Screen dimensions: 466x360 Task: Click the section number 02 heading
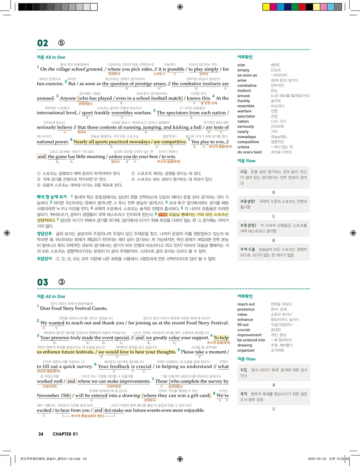(x=42, y=43)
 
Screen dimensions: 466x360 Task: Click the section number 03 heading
(x=42, y=282)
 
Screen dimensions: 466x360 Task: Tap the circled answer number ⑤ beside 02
(x=61, y=43)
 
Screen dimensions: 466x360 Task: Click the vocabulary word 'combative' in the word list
(x=247, y=86)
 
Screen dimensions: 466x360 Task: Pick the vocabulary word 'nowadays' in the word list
(x=246, y=137)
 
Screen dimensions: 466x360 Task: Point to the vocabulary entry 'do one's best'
(x=250, y=152)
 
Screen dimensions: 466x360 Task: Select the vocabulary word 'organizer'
(x=246, y=350)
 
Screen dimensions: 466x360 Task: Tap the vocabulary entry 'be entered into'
(x=251, y=340)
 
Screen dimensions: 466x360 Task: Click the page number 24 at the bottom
(x=41, y=434)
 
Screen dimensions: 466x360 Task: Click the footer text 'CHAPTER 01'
(x=65, y=434)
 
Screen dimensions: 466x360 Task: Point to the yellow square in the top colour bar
(x=266, y=7)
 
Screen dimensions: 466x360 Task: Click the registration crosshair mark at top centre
(x=180, y=7)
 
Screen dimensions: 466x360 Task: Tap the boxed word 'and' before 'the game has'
(x=42, y=157)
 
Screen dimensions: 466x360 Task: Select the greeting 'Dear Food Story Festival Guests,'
(x=74, y=308)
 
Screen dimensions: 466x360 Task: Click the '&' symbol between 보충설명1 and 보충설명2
(x=273, y=216)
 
